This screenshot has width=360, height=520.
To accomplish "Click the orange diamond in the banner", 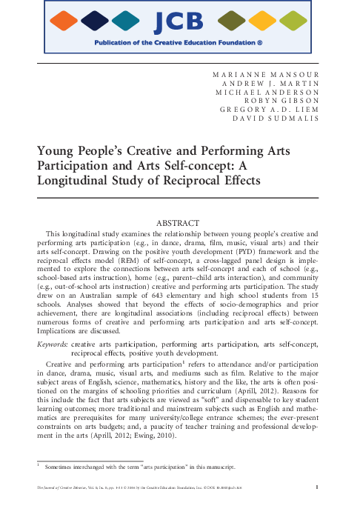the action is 67,22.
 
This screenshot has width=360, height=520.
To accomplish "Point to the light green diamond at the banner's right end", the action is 291,22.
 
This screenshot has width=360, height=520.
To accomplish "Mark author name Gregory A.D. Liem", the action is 271,108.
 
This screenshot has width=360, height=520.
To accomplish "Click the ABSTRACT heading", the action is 180,223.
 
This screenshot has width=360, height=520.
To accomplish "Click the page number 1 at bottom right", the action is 317,487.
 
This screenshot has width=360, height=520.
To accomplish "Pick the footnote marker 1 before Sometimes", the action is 39,465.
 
